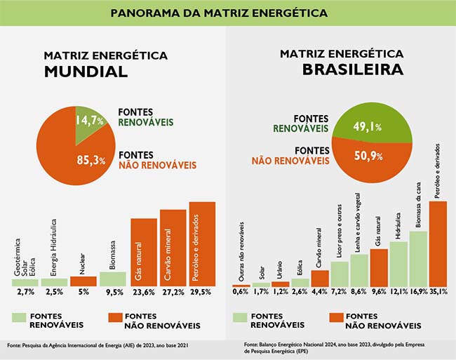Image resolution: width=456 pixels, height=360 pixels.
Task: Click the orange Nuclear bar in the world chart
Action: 83,281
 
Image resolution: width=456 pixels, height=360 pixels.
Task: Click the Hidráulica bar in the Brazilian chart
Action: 398,264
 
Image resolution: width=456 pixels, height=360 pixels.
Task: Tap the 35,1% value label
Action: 438,291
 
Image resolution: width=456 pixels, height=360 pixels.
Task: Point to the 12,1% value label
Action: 398,291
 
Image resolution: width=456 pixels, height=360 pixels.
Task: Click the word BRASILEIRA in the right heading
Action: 342,69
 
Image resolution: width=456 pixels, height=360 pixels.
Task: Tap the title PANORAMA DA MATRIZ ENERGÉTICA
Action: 228,13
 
